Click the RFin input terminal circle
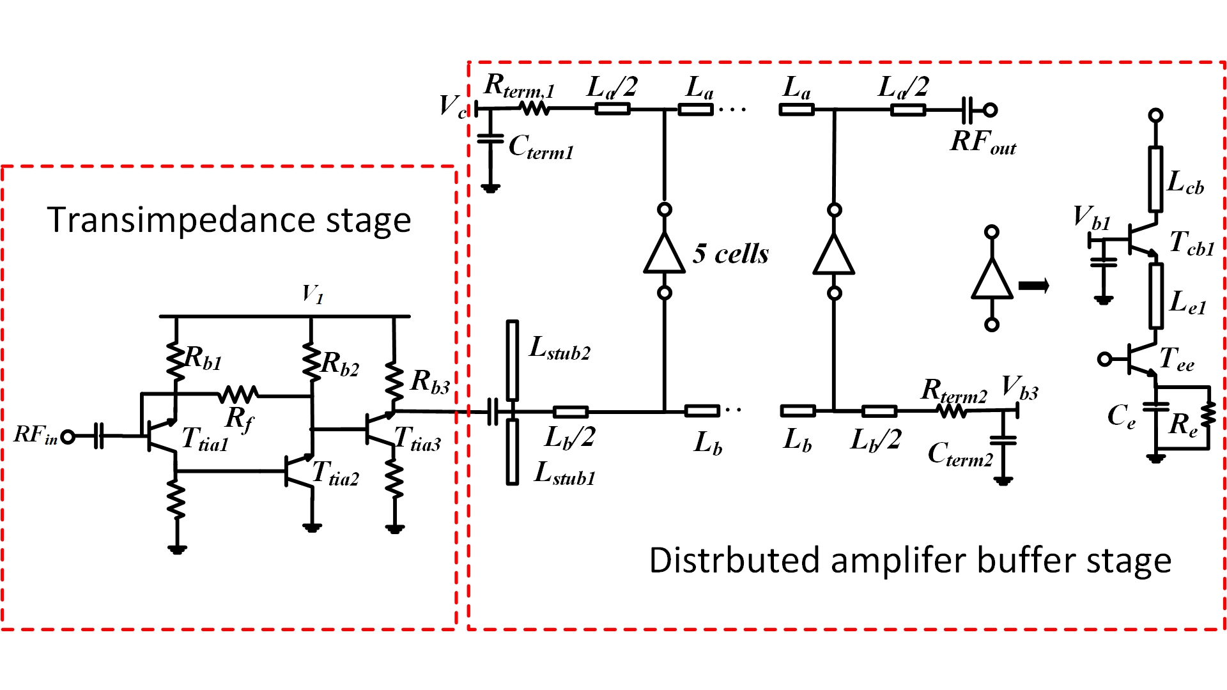tap(68, 437)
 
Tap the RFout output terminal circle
tap(990, 110)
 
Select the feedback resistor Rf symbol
tap(238, 395)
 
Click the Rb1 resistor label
tap(204, 359)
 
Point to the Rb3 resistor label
tap(430, 382)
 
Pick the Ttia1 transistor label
tap(205, 440)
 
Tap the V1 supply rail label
tap(313, 295)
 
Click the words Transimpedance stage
tap(229, 220)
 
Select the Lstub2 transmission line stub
tap(513, 361)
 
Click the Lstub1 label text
tap(565, 473)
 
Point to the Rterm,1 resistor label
tap(519, 86)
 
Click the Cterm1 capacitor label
tap(541, 148)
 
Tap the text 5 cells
tap(731, 254)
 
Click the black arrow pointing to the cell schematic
tap(1034, 285)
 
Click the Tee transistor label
tap(1177, 359)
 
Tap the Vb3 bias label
tap(1020, 388)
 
